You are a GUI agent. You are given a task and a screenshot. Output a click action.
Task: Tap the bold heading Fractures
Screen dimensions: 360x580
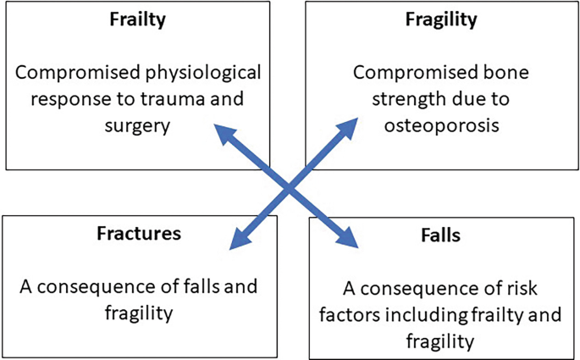pyautogui.click(x=138, y=234)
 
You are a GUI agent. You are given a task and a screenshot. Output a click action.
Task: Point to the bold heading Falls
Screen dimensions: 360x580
pyautogui.click(x=440, y=235)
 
